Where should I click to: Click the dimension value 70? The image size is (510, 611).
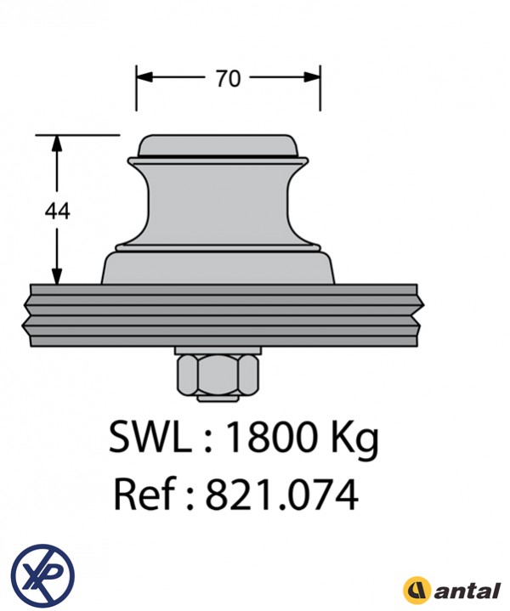tap(228, 78)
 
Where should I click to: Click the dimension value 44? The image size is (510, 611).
tap(57, 212)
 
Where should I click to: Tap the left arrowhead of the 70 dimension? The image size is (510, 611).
tap(144, 77)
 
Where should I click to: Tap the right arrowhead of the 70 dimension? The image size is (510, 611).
tap(312, 77)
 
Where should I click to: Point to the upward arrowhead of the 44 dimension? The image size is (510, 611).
tap(57, 144)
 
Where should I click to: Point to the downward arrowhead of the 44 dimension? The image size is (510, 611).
tap(57, 276)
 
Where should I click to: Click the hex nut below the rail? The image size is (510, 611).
tap(218, 375)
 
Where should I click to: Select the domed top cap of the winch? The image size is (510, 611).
tap(218, 146)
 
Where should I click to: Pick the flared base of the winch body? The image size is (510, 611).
tap(218, 268)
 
